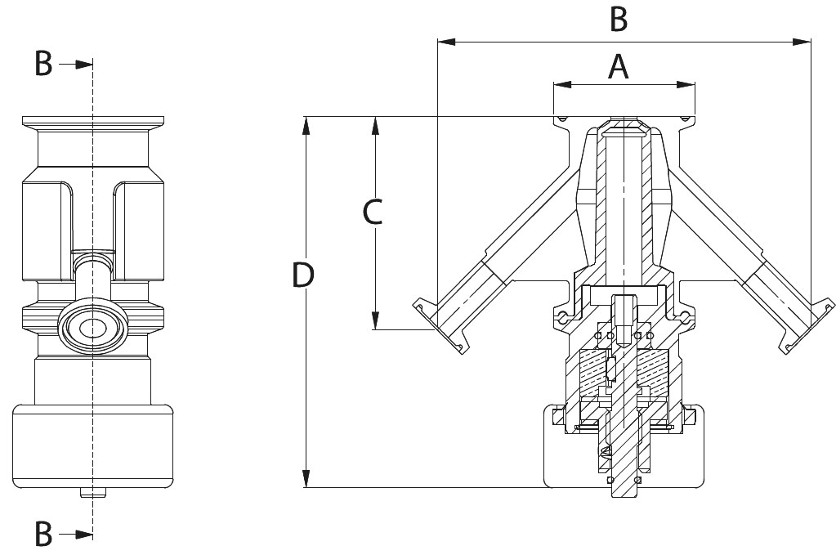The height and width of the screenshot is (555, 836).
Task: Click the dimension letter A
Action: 619,67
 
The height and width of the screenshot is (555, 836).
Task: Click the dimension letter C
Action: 373,212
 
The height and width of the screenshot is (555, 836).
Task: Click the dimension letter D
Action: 303,275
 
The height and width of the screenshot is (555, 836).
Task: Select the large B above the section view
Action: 619,20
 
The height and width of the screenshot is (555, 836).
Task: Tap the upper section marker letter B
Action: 43,63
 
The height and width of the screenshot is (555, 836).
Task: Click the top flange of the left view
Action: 92,122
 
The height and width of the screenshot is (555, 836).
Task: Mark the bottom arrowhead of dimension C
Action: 375,322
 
